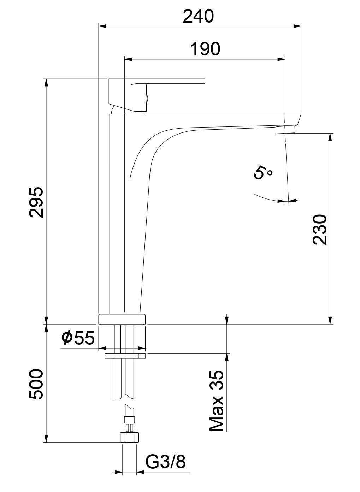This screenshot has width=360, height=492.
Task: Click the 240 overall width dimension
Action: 199,16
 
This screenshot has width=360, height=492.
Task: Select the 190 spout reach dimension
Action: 205,49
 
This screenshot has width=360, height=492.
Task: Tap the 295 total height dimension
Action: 36,202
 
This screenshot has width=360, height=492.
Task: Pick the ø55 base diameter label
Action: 78,338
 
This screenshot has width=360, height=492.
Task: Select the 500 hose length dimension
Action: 36,384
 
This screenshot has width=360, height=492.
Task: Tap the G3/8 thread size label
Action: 165,461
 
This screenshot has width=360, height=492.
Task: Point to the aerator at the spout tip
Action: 285,130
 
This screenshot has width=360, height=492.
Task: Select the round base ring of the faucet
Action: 122,319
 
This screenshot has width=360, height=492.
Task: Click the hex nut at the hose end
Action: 129,437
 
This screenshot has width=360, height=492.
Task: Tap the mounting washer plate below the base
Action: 125,355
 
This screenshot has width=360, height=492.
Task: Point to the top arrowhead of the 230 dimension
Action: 330,136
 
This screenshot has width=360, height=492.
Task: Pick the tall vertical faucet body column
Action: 117,212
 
